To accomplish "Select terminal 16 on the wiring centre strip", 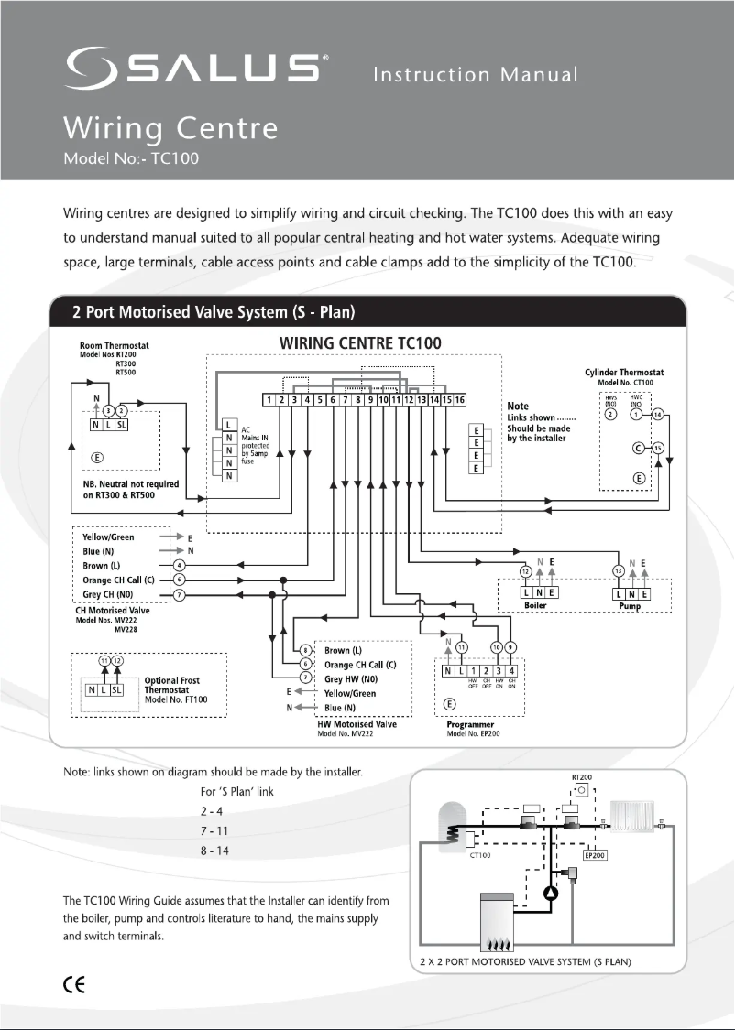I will pos(460,400).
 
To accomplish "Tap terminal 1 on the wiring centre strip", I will pos(268,400).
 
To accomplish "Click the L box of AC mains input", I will pos(227,425).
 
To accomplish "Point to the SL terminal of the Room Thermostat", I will pos(121,423).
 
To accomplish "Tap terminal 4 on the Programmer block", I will pos(511,671).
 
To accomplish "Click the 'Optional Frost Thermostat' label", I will pos(172,686).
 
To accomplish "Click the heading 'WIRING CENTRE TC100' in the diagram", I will pos(359,343).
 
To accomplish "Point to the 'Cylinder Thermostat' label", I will pos(623,374).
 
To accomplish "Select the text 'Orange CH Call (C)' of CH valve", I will pos(117,580).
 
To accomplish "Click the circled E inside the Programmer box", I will pos(449,704).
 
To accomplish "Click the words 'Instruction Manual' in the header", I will pos(475,74).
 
